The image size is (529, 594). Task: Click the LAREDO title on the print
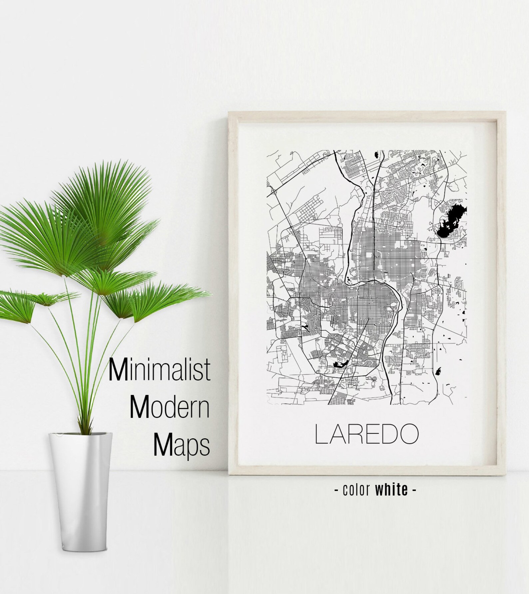tap(367, 434)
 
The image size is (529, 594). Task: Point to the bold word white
tap(391, 490)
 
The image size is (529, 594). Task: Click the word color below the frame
tap(356, 490)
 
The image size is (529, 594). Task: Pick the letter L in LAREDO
tap(321, 434)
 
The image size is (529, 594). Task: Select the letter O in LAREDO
tap(408, 434)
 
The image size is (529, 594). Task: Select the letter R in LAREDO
tap(353, 434)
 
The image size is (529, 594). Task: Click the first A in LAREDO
tap(336, 434)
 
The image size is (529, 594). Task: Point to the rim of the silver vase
tap(80, 435)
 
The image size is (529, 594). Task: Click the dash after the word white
tap(414, 490)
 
